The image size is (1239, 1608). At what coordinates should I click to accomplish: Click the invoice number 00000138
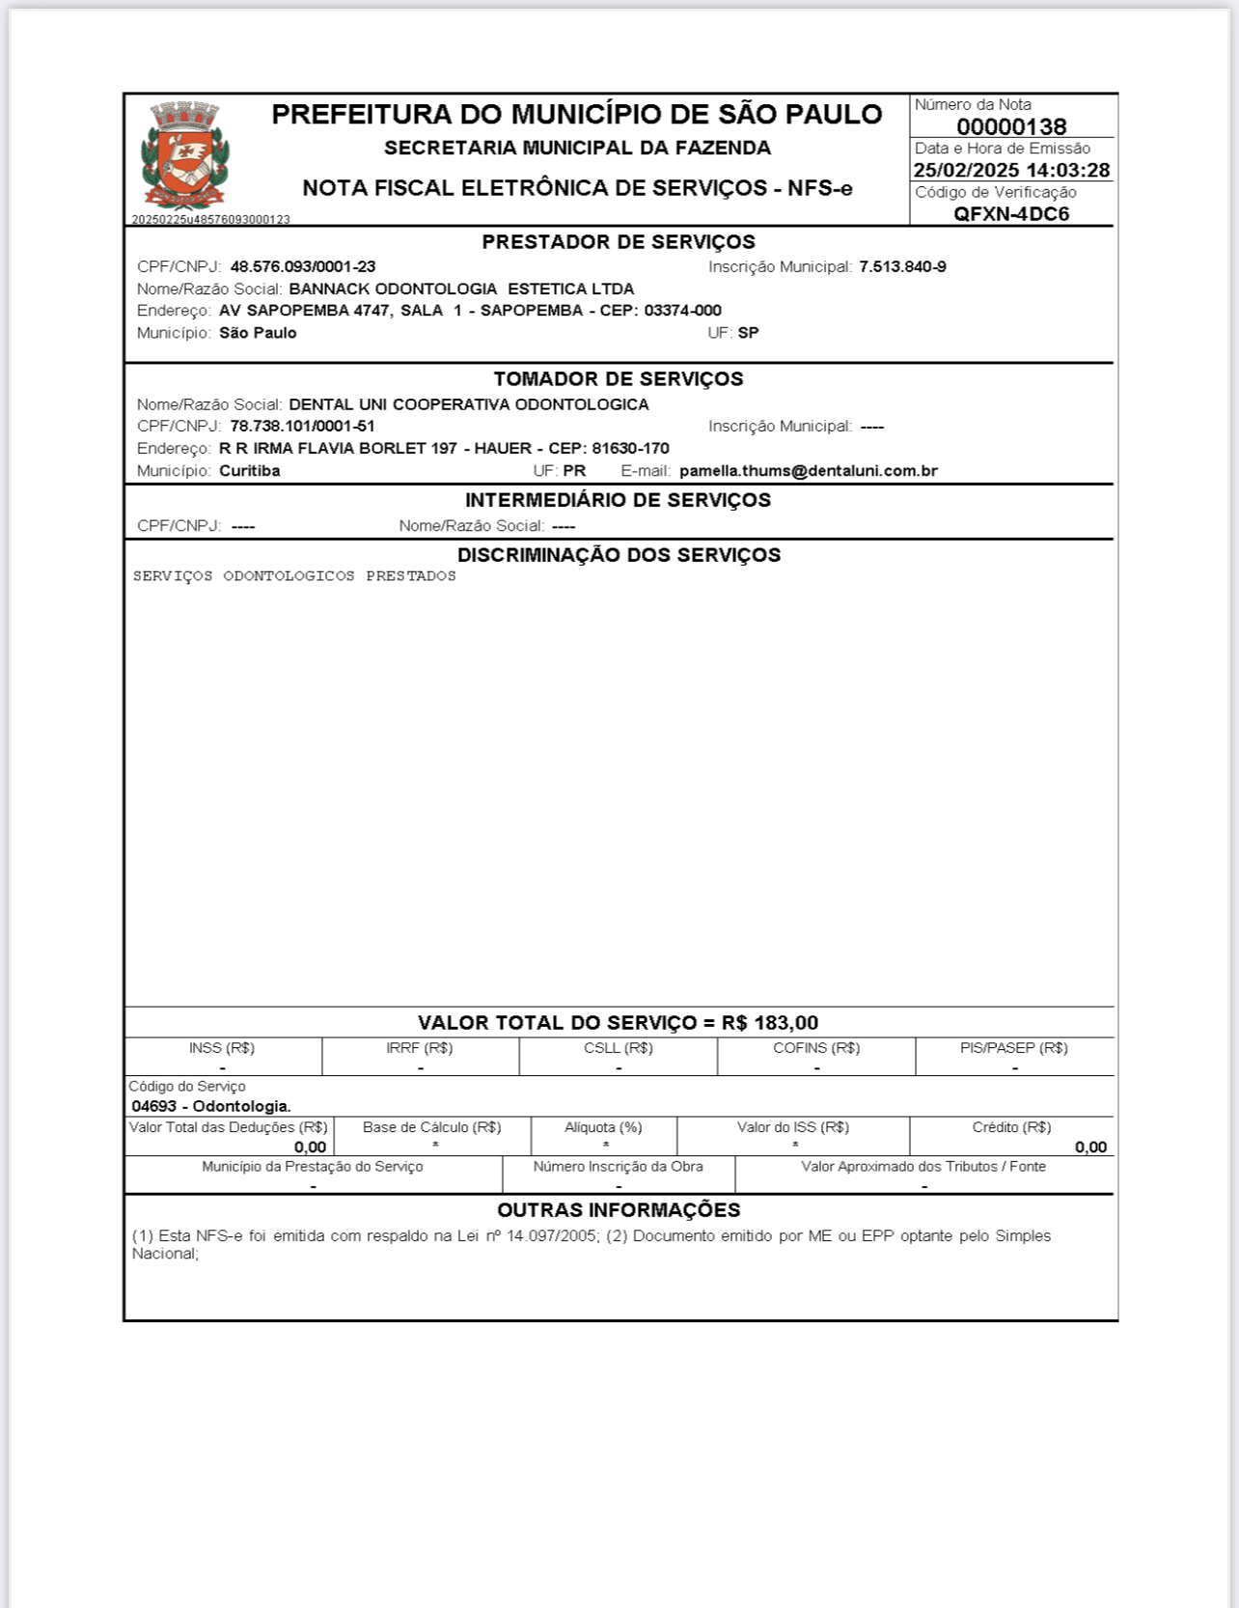coord(1011,126)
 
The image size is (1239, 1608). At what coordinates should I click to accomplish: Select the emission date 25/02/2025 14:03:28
coord(1011,171)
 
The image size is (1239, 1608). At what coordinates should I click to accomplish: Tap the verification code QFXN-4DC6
coord(1011,214)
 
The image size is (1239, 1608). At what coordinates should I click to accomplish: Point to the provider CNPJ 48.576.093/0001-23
coord(303,267)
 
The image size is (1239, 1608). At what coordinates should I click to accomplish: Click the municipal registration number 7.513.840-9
coord(902,267)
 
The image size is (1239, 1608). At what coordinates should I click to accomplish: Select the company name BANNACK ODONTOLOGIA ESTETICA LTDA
coord(461,290)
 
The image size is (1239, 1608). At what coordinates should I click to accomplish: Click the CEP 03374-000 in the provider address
coord(682,311)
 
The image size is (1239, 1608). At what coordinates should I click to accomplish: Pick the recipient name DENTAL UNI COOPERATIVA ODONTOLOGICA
coord(469,404)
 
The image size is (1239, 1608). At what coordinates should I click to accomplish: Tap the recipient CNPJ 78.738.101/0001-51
coord(302,427)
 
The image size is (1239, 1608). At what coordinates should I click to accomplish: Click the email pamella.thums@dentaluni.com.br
coord(809,471)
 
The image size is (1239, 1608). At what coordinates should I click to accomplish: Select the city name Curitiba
coord(250,471)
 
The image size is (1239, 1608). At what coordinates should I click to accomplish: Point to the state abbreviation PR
coord(574,471)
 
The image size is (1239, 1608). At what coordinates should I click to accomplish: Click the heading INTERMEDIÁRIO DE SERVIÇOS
coord(618,500)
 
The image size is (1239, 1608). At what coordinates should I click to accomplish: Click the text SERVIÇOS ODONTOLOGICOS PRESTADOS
coord(294,576)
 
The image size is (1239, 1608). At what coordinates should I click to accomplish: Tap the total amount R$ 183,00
coord(769,1023)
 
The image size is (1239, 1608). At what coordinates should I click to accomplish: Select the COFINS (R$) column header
coord(816,1048)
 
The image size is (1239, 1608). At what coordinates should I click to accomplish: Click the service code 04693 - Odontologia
coord(211,1106)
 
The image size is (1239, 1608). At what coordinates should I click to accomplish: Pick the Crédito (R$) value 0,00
coord(1090,1148)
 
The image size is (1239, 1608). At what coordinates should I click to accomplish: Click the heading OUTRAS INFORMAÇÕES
coord(619,1210)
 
